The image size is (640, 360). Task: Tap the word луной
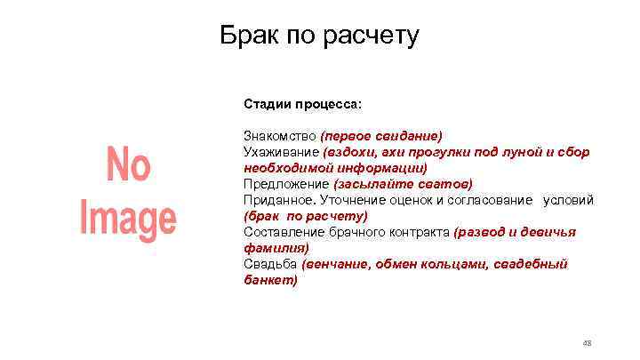click(x=517, y=152)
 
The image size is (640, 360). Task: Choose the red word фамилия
click(x=274, y=248)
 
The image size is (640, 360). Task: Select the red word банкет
click(x=268, y=280)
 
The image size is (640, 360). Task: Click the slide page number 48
click(x=586, y=343)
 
